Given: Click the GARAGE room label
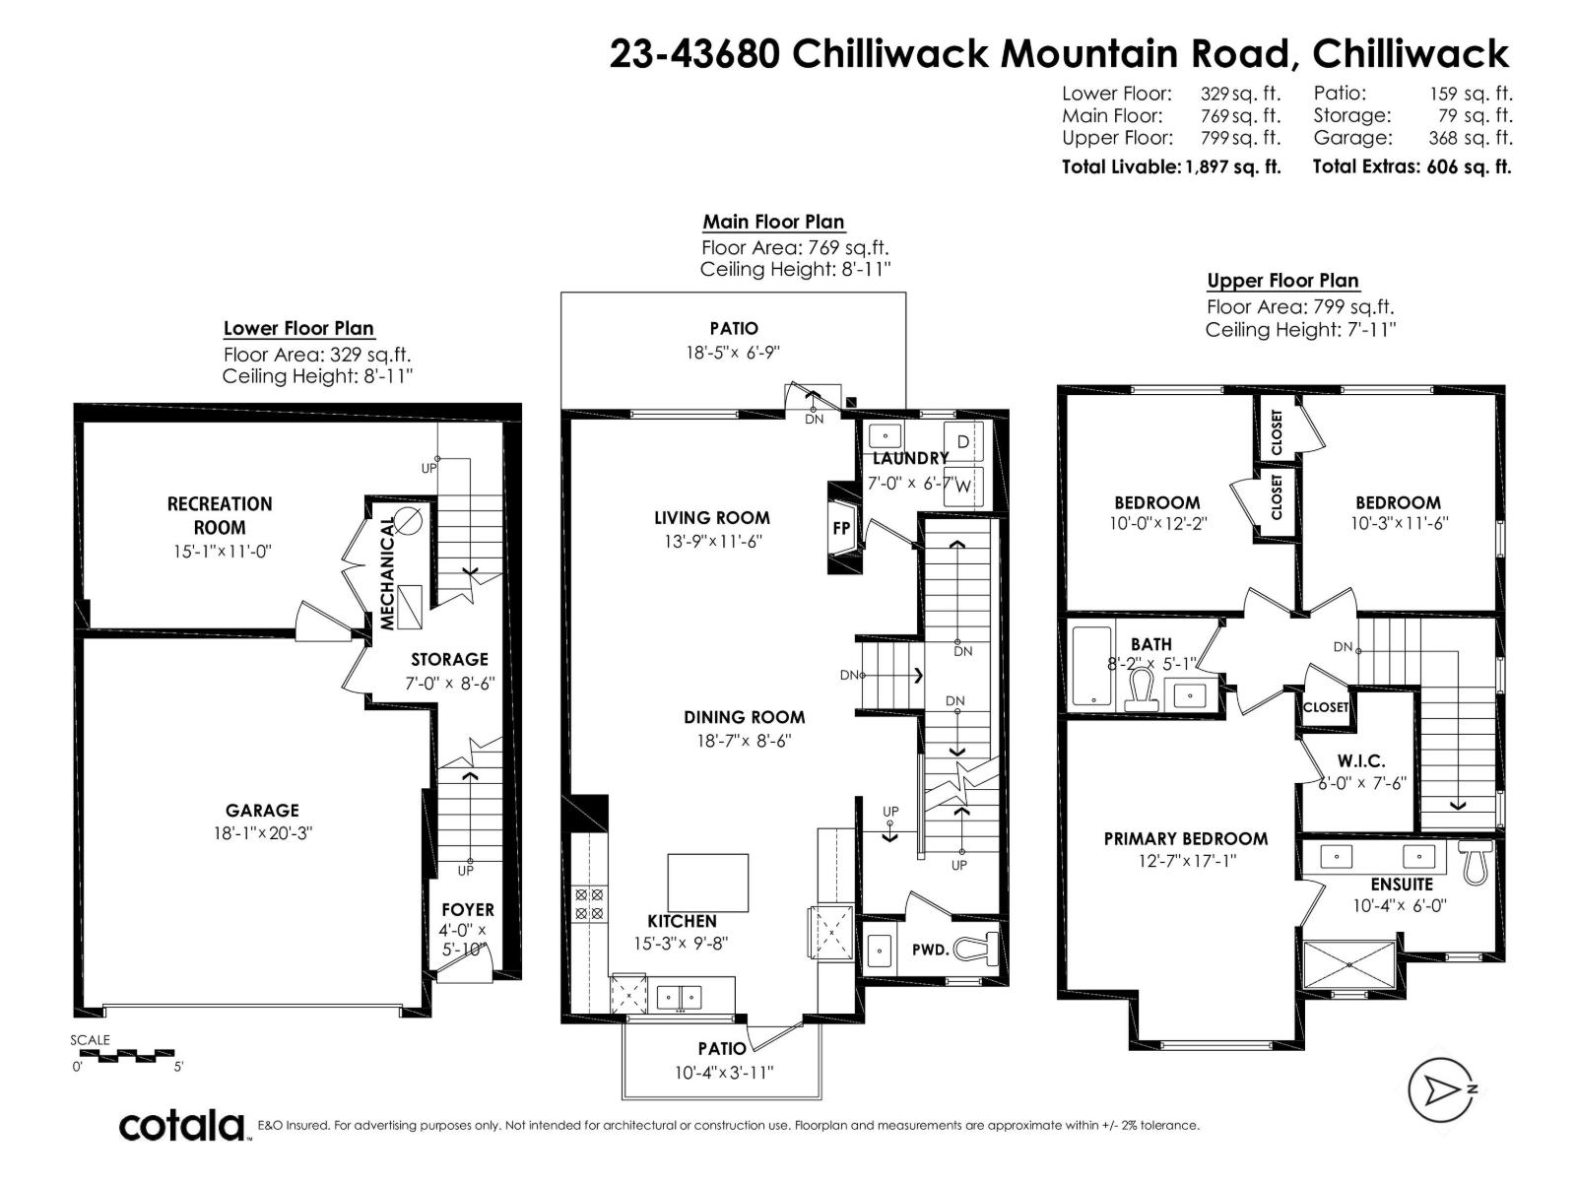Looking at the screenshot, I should [x=262, y=811].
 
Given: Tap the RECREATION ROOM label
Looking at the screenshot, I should [x=220, y=515].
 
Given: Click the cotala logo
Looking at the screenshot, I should [x=182, y=1125].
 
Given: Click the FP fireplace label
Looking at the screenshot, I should [x=841, y=528].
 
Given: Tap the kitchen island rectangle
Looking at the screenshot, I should [x=708, y=883].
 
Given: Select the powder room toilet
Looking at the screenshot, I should [x=977, y=950].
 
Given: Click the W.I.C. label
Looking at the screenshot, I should [x=1361, y=761].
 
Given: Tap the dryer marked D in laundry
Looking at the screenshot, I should [x=962, y=442].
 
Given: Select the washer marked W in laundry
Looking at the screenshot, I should [x=962, y=486].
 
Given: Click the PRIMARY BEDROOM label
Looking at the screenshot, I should [x=1185, y=838].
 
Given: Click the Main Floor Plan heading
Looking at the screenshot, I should [x=773, y=222].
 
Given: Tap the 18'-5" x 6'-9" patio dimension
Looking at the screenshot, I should [x=734, y=352].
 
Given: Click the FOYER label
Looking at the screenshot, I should [x=467, y=910].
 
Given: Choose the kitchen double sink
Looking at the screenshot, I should [x=679, y=997].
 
